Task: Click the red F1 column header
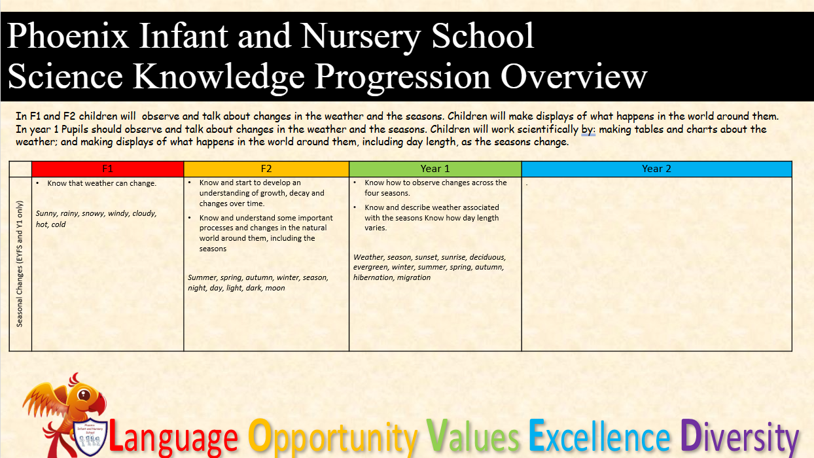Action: click(107, 169)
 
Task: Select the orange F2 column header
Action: click(266, 169)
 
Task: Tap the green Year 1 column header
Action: click(435, 169)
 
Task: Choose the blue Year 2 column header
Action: click(656, 169)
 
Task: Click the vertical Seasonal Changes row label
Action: click(20, 264)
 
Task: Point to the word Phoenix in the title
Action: click(67, 35)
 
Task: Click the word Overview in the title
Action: click(574, 77)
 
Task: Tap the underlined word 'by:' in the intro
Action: click(588, 130)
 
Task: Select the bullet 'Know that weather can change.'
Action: click(102, 183)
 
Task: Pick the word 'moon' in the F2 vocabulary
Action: click(275, 288)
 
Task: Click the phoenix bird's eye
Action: click(84, 395)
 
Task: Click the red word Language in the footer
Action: click(173, 438)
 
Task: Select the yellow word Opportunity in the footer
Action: click(332, 438)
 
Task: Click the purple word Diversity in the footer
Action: click(739, 438)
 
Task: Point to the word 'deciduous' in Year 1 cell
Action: click(487, 257)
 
